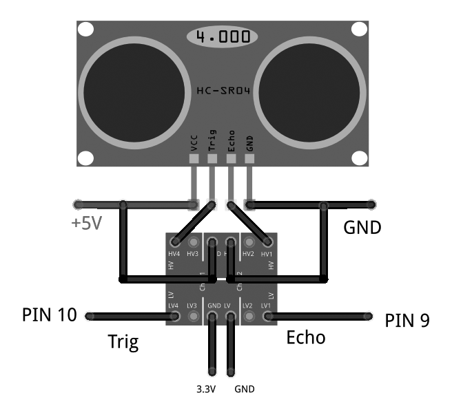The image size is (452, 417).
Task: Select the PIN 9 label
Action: coord(407,320)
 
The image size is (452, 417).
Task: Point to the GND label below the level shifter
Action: coord(245,389)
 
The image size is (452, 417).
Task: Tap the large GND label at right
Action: coord(362,227)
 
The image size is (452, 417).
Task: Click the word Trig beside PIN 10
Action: coord(123,342)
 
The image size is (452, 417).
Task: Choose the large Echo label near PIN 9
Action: coord(305,338)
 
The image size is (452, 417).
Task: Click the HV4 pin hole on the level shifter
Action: coord(176,242)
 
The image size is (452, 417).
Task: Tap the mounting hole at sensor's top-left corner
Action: coord(85,30)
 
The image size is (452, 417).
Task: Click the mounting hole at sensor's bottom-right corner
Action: coord(359,157)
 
